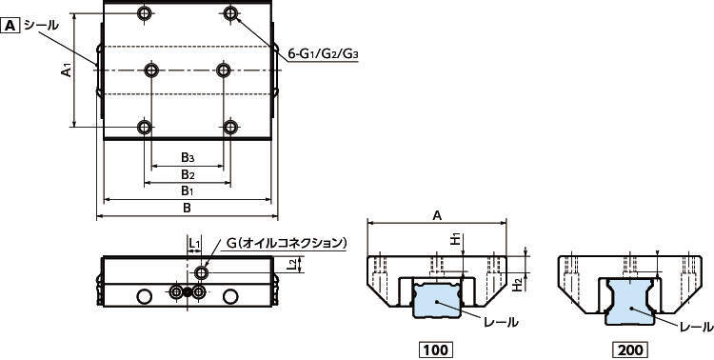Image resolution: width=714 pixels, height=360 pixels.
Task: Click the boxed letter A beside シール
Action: [10, 26]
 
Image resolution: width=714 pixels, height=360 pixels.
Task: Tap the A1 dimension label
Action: [67, 70]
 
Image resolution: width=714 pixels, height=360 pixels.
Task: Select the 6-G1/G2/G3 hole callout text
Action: [324, 54]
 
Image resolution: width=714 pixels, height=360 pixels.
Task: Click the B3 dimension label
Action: [188, 158]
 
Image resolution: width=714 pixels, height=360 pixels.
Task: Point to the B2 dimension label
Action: [188, 174]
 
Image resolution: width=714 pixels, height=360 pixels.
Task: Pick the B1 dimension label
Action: [188, 190]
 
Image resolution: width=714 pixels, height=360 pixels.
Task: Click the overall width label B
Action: [187, 208]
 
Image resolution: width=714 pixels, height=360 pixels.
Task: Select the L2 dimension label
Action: [294, 265]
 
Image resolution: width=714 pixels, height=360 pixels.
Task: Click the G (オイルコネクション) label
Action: [287, 243]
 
